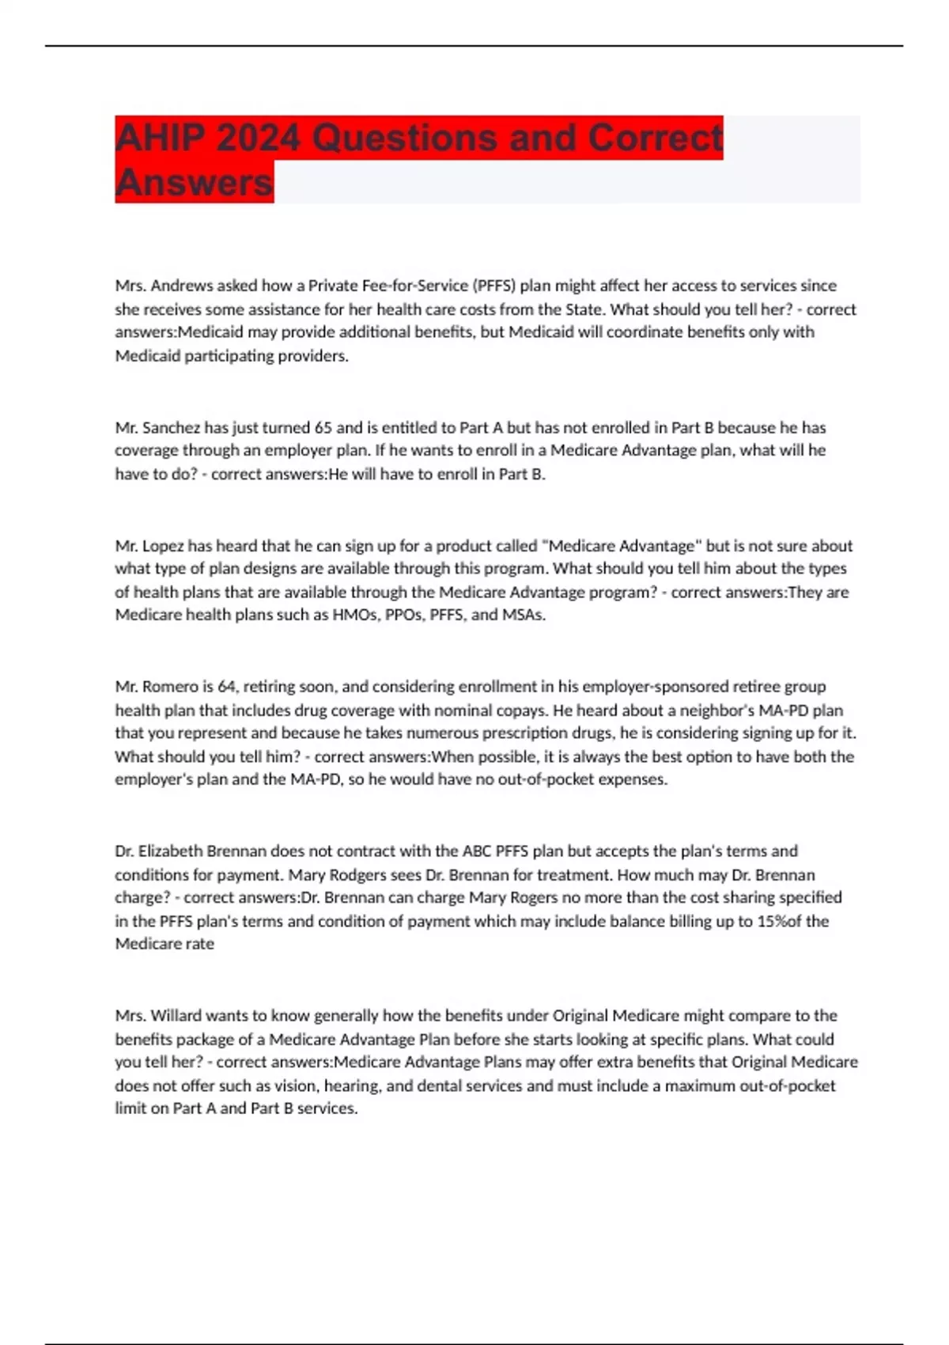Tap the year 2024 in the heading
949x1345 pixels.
point(258,138)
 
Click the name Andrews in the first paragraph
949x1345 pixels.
point(181,286)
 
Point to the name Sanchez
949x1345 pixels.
point(172,428)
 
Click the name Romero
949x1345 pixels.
point(170,687)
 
